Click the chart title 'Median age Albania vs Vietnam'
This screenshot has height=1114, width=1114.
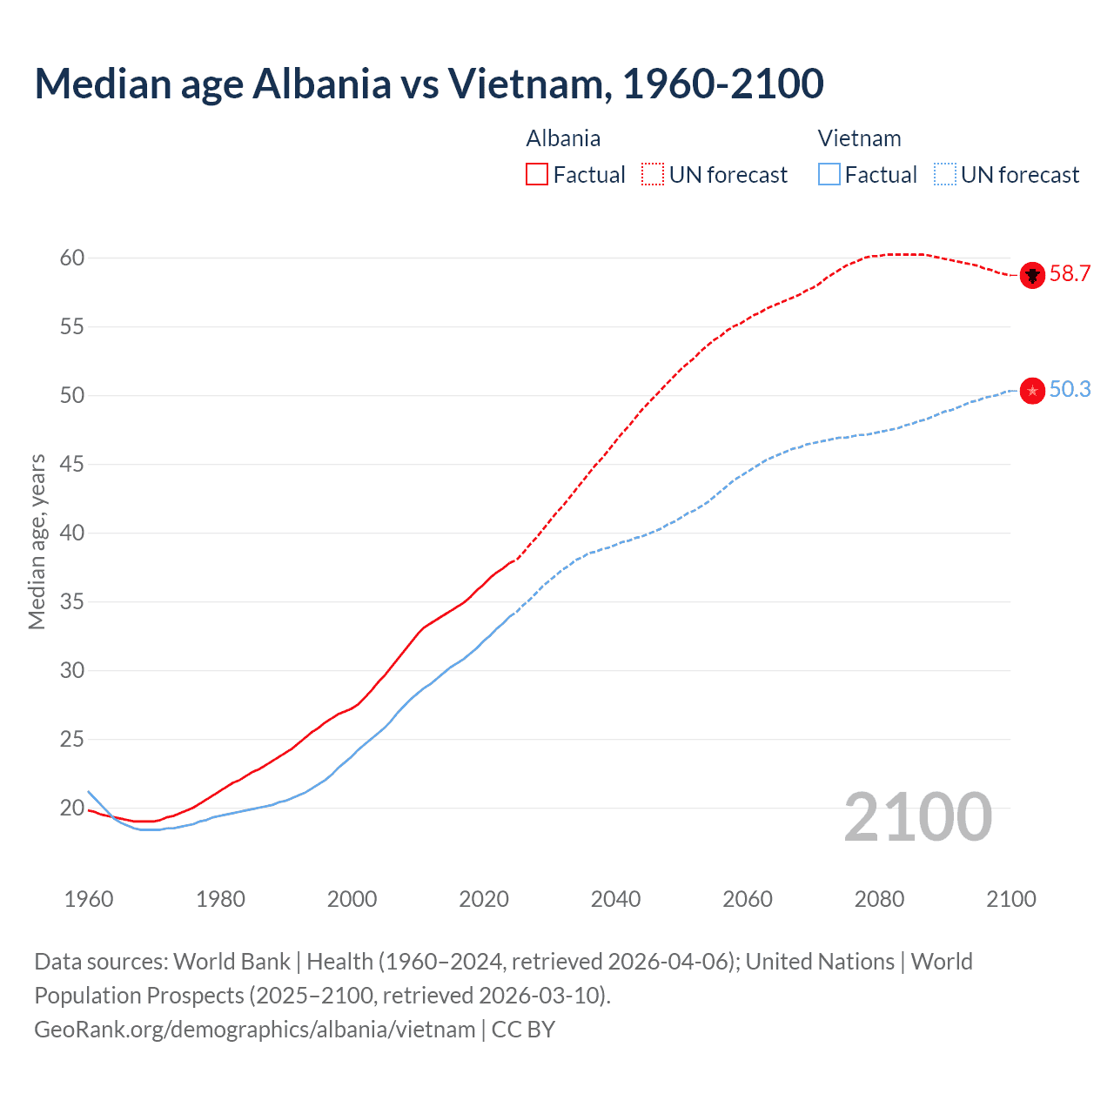click(x=428, y=84)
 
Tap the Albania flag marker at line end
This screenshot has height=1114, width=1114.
click(x=1032, y=275)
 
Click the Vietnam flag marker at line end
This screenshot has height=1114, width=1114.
click(x=1032, y=391)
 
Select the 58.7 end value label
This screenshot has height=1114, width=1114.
click(x=1070, y=274)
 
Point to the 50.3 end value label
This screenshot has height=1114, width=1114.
click(x=1070, y=390)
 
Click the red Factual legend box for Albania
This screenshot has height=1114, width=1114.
click(x=537, y=175)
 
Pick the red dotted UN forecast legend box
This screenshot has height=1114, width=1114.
click(x=653, y=175)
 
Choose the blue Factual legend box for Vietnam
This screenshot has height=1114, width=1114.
click(x=829, y=175)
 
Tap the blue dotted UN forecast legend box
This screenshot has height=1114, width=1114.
click(x=945, y=175)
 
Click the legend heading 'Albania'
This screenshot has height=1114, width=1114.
click(x=563, y=138)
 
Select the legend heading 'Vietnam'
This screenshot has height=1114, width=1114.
click(x=859, y=138)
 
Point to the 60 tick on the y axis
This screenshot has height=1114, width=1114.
click(x=72, y=258)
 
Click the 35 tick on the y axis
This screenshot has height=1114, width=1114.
click(x=72, y=601)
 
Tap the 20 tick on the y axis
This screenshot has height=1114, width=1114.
click(x=72, y=808)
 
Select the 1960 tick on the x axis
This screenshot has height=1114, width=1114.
click(x=89, y=899)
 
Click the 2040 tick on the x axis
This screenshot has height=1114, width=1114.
click(x=615, y=899)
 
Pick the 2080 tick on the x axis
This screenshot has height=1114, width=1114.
click(x=879, y=899)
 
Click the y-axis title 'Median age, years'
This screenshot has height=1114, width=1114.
click(x=37, y=541)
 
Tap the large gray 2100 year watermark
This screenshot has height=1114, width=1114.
click(x=917, y=817)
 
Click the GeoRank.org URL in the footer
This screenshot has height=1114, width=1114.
click(x=254, y=1030)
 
